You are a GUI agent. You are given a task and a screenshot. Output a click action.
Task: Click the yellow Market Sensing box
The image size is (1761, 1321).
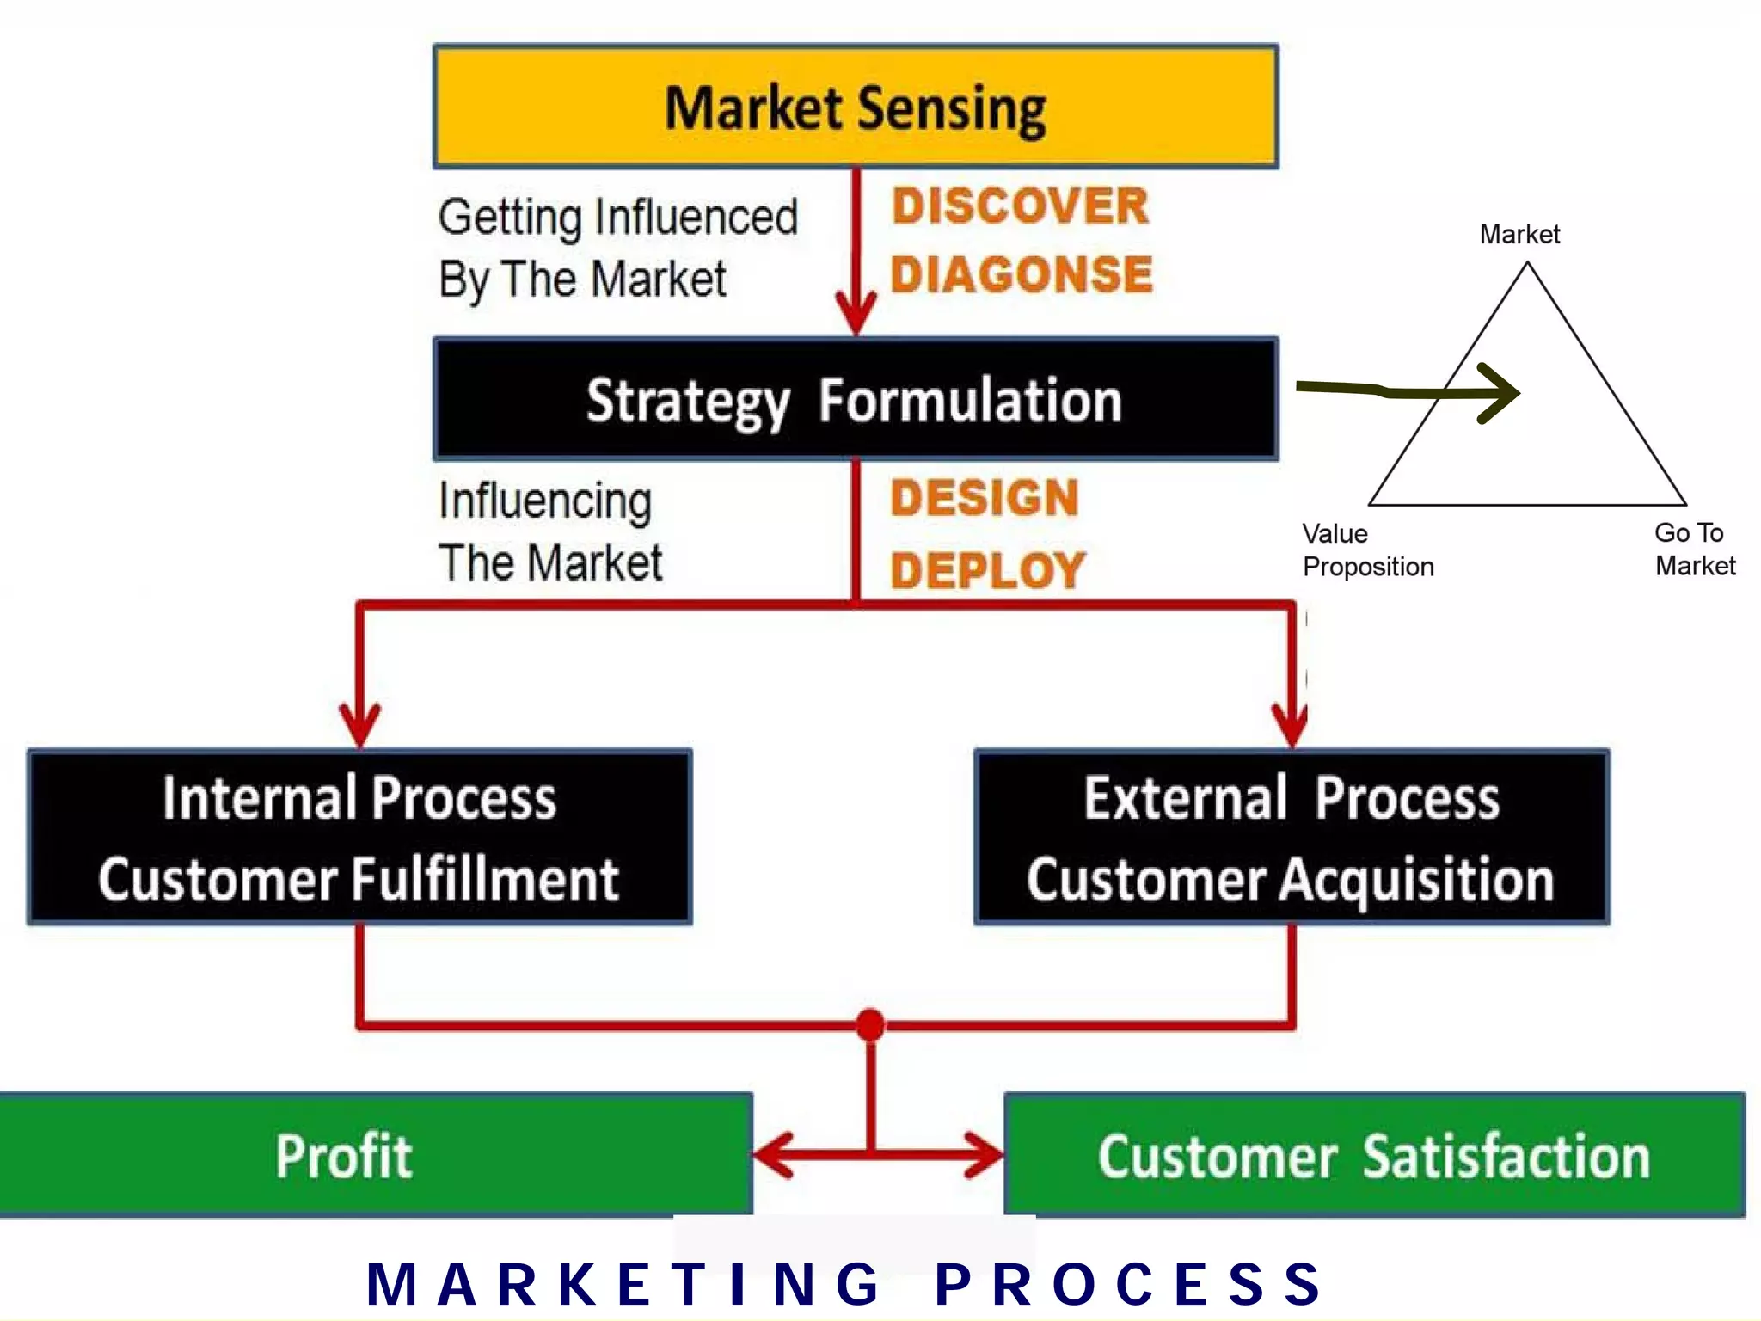click(x=856, y=107)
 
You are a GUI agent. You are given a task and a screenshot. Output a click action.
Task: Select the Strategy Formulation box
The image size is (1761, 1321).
click(x=856, y=399)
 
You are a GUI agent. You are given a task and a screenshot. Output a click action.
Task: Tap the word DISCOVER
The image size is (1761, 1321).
click(x=1020, y=206)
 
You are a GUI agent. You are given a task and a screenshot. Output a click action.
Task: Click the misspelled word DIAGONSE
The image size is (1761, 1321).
click(x=1022, y=275)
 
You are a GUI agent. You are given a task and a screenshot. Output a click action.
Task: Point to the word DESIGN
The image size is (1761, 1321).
click(x=985, y=499)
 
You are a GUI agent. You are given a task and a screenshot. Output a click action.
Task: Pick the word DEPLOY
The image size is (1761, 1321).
click(x=988, y=570)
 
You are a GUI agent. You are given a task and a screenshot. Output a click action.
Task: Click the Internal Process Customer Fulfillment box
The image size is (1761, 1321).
click(x=359, y=838)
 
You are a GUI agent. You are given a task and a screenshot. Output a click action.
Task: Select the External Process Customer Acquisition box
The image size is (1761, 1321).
click(x=1292, y=838)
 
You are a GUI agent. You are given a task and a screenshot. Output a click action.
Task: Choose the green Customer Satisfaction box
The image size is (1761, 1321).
click(x=1374, y=1155)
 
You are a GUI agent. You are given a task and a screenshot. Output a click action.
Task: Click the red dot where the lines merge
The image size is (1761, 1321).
click(x=870, y=1025)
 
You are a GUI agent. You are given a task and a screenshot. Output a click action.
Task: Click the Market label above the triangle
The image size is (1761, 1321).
click(x=1519, y=234)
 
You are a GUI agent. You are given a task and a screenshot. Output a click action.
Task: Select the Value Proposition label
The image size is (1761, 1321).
click(x=1367, y=550)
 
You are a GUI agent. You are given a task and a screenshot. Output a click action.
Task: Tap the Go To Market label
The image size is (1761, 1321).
click(x=1694, y=550)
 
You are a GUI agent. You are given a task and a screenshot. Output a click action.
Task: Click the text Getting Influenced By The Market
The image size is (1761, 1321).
click(x=617, y=248)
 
